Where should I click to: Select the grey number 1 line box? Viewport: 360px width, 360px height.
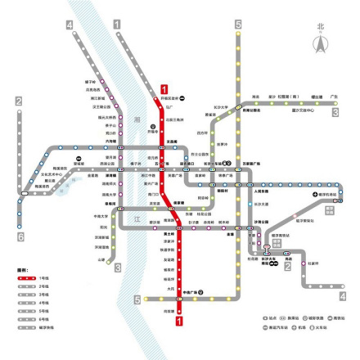[118, 25]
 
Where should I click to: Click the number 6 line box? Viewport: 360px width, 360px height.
[19, 236]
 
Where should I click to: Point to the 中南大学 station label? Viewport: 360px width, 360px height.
[101, 217]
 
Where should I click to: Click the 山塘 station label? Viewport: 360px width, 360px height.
[101, 260]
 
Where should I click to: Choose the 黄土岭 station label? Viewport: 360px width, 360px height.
[169, 235]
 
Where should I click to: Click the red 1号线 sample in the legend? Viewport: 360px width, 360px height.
[27, 279]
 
